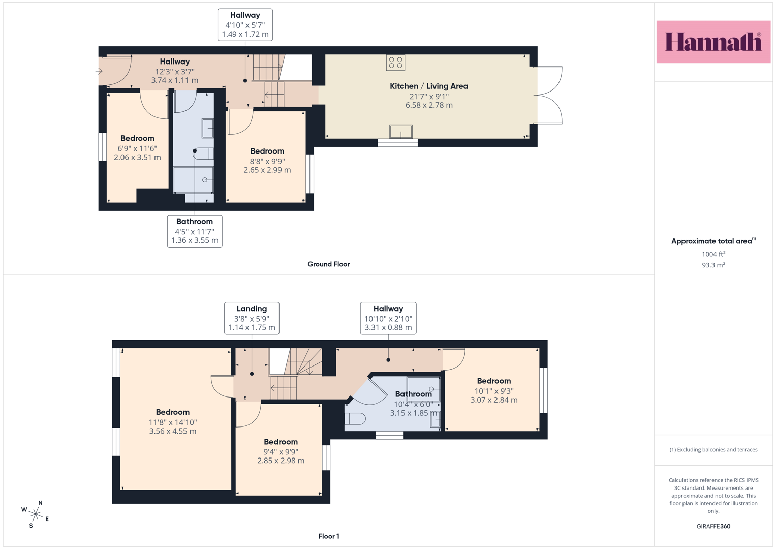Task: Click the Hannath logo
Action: [713, 42]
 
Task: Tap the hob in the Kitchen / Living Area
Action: [395, 63]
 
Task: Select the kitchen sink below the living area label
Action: [401, 132]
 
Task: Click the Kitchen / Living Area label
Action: [429, 86]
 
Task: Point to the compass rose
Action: [36, 514]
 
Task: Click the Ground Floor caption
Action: [328, 264]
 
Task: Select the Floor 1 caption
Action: [329, 536]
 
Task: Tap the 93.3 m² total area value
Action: [713, 265]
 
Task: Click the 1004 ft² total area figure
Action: [713, 254]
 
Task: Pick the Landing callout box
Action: [252, 318]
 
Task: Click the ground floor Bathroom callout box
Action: [195, 231]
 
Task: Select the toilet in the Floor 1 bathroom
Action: [355, 419]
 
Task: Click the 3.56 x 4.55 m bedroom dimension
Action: [172, 431]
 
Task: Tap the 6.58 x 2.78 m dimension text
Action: [429, 105]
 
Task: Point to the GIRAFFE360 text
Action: [713, 526]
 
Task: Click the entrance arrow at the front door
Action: [99, 71]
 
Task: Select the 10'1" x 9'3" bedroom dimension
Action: [493, 391]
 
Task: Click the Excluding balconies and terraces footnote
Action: [713, 449]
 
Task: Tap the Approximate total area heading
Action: [713, 241]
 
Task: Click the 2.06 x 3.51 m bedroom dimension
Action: [137, 158]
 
